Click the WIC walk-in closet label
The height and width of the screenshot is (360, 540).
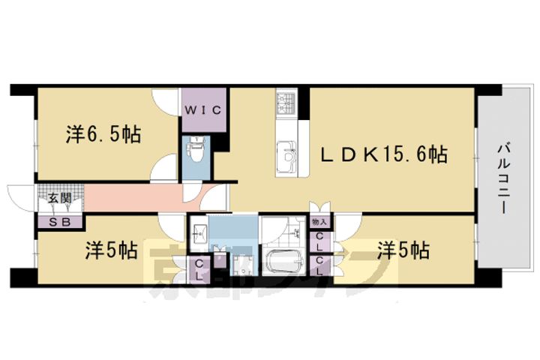pyautogui.click(x=202, y=110)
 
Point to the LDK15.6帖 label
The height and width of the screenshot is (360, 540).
pyautogui.click(x=385, y=155)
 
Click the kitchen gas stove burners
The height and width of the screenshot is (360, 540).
pyautogui.click(x=287, y=102)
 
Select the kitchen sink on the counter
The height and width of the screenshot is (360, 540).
pyautogui.click(x=286, y=152)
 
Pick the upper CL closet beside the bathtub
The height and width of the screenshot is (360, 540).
pyautogui.click(x=320, y=241)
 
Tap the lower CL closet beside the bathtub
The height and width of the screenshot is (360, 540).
pyautogui.click(x=320, y=265)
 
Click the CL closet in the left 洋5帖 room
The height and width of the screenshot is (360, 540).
pyautogui.click(x=199, y=268)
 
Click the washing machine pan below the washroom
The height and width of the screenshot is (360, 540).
pyautogui.click(x=242, y=266)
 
